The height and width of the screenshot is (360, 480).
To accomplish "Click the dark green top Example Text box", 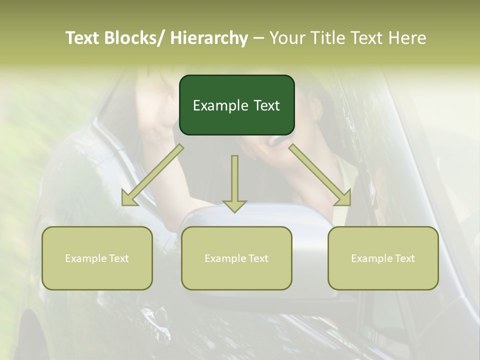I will pos(236,105).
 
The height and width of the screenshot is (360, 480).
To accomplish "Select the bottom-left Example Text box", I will pos(97,258).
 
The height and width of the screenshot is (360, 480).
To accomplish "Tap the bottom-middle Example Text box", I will pos(236,258).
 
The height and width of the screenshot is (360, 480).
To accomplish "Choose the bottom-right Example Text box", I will pos(383,258).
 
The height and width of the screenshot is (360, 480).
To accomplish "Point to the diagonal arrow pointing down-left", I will pos(152,175).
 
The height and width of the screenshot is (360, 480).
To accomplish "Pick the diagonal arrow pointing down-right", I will pos(320,175).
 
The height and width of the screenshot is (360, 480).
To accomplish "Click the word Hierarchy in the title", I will pos(208,38).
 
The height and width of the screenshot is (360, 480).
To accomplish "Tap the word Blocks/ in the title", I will pos(137,38).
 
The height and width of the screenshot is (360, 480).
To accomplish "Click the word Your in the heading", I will pos(287,38).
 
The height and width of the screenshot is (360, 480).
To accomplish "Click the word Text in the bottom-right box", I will pos(404,258).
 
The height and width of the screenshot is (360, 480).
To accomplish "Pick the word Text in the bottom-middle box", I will pos(257,258).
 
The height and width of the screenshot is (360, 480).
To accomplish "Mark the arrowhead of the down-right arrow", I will pos(344,199).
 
